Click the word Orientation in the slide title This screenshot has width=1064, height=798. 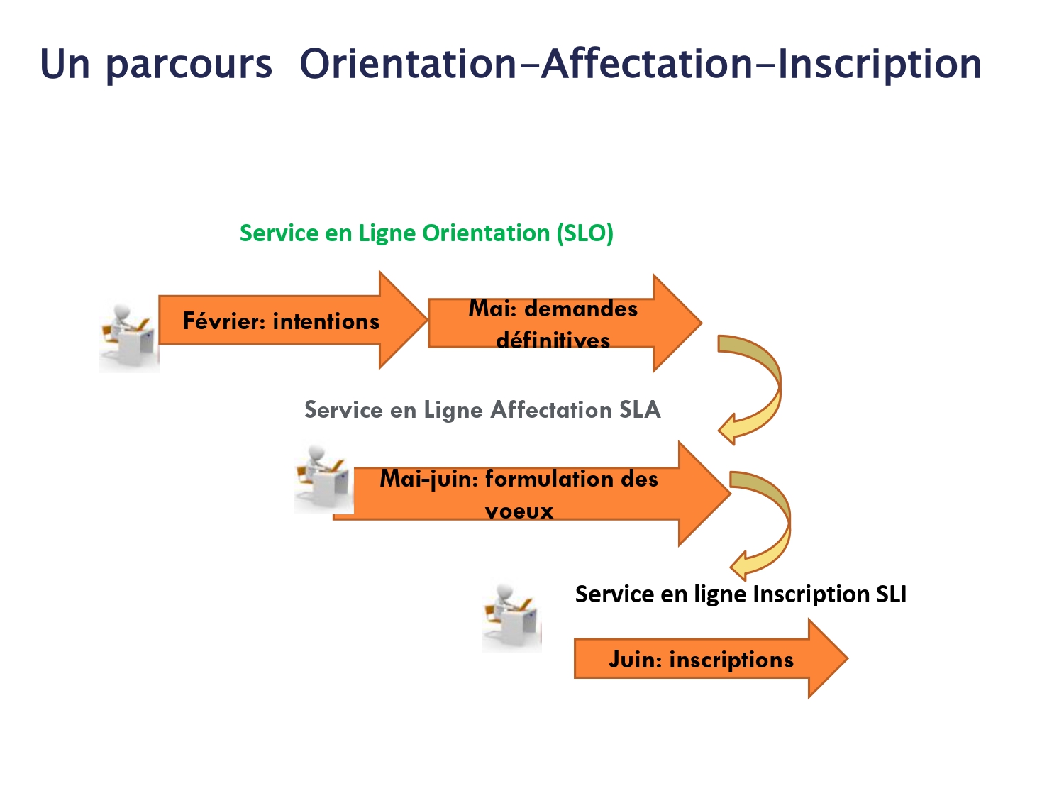(409, 64)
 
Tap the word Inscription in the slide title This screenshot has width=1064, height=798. (880, 64)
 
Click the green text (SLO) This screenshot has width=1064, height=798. (585, 233)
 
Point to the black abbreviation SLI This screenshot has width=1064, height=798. (891, 594)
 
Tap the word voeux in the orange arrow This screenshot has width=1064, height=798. (519, 511)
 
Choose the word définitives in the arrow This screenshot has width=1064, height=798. (553, 340)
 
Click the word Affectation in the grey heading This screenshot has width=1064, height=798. (551, 409)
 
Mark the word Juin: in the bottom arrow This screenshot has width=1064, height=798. (636, 660)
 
